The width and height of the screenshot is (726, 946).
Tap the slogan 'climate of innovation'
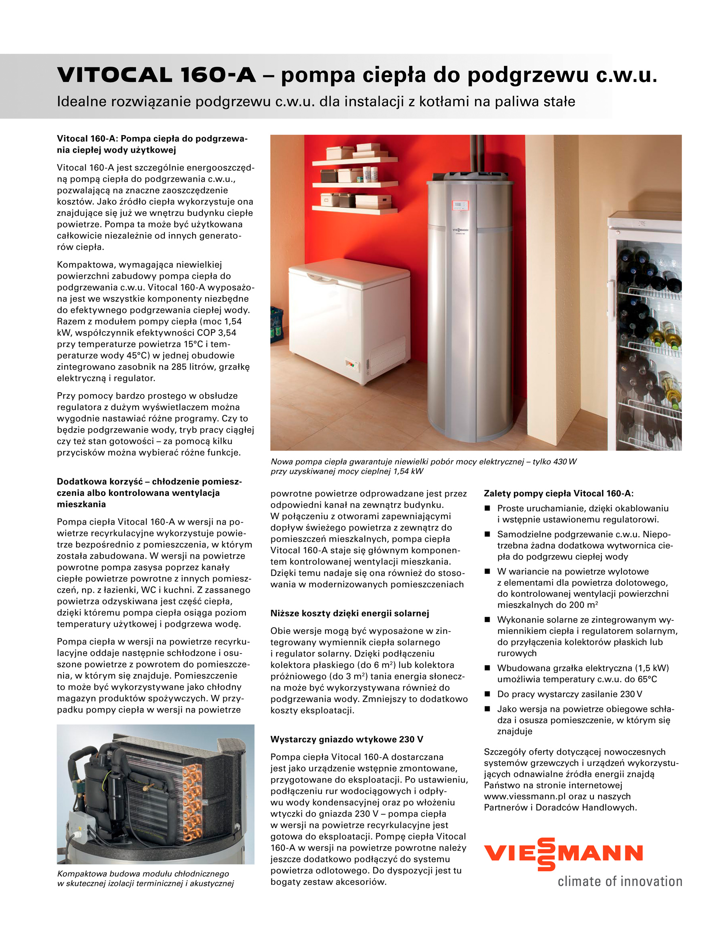click(x=620, y=881)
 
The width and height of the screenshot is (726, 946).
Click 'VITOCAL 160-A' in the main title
click(x=156, y=75)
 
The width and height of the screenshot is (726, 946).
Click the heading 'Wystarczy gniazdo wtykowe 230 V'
click(x=346, y=739)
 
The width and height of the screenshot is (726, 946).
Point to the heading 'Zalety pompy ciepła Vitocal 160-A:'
click(x=558, y=493)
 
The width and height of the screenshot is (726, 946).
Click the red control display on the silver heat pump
click(x=461, y=205)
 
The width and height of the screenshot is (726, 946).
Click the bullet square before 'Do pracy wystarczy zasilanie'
click(x=487, y=694)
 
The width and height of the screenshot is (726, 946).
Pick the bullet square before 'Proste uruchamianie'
click(x=487, y=508)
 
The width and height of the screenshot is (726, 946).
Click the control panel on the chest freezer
click(x=352, y=363)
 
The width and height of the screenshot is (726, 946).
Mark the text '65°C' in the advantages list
click(x=647, y=679)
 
